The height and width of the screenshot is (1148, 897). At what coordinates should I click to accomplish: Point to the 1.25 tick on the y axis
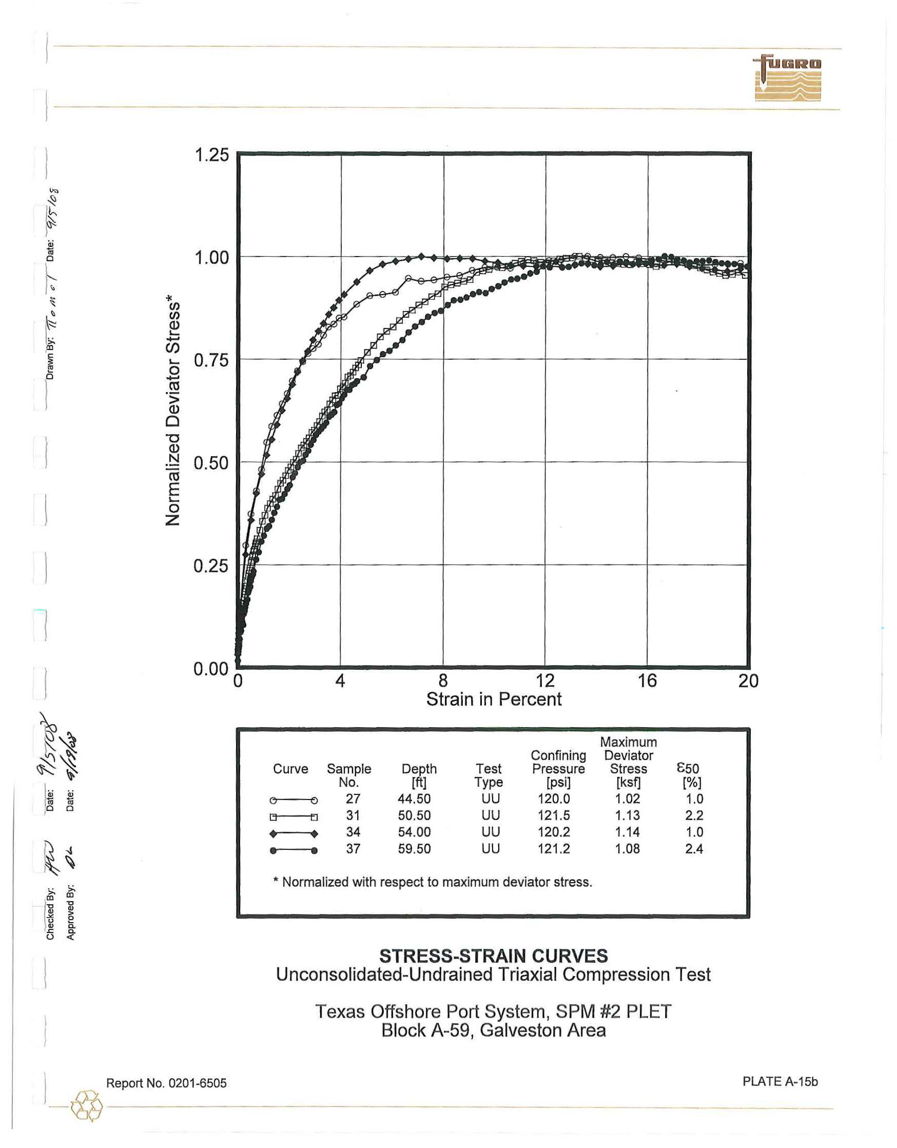(x=212, y=155)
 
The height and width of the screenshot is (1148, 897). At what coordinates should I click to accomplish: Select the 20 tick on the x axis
(x=748, y=681)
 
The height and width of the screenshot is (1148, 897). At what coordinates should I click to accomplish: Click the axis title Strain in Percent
(x=494, y=699)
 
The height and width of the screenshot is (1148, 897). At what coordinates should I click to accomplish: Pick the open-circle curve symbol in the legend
(x=293, y=801)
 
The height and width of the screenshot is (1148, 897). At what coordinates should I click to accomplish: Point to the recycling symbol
(x=87, y=1106)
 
